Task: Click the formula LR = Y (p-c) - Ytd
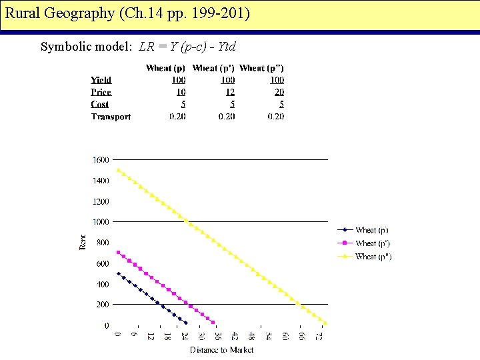click(187, 47)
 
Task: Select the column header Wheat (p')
click(213, 68)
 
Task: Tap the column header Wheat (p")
click(261, 68)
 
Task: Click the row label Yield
click(101, 80)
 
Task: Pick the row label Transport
click(111, 117)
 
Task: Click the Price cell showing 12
click(230, 92)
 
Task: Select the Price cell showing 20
click(278, 92)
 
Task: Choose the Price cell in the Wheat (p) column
click(181, 92)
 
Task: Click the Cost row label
click(100, 105)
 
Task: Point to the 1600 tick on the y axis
click(101, 160)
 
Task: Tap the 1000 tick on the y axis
click(101, 222)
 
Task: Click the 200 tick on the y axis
click(103, 305)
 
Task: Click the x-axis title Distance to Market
click(221, 349)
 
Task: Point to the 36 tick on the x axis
click(218, 337)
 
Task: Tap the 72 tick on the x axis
click(319, 337)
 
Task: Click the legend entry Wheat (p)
click(371, 231)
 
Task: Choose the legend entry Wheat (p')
click(371, 243)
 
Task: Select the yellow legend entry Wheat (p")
click(373, 257)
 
